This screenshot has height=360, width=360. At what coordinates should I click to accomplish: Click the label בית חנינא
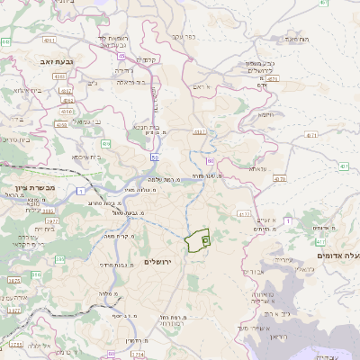[x=148, y=127]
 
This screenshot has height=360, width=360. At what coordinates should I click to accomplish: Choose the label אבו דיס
[x=256, y=270]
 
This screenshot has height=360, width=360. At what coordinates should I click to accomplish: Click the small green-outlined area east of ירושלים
[x=197, y=240]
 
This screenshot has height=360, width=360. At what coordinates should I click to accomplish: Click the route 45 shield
[x=121, y=55]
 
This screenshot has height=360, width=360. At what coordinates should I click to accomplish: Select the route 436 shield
[x=106, y=143]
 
